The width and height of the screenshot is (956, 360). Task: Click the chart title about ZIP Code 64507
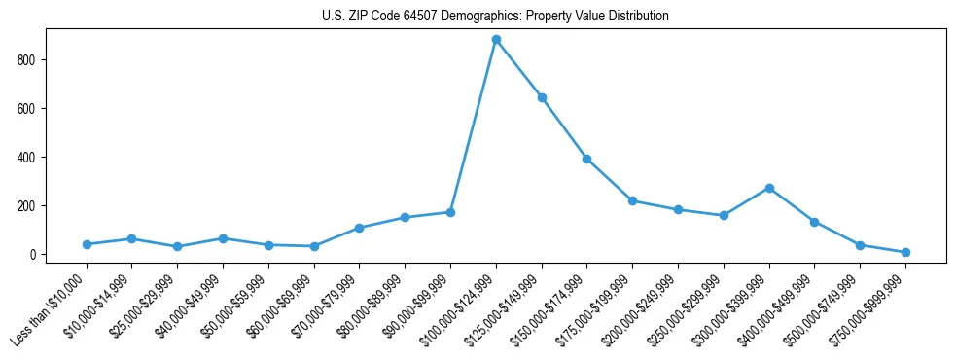(495, 16)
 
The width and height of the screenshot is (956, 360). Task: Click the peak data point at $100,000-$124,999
(496, 40)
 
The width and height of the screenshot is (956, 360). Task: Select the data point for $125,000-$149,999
(542, 97)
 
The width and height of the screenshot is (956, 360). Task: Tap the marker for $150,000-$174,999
(587, 159)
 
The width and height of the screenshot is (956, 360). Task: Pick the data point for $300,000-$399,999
(769, 188)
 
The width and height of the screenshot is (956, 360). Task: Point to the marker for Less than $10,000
(87, 244)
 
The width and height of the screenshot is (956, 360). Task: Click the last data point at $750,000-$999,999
(905, 252)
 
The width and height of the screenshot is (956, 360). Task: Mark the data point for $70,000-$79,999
(360, 228)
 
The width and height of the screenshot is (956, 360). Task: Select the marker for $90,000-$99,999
(450, 212)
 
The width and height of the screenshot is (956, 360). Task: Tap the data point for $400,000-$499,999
(815, 222)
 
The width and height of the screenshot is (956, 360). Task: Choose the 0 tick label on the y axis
(33, 255)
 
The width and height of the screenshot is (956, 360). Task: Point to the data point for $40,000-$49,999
(223, 238)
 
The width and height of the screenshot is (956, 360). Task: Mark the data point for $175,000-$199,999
(632, 200)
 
